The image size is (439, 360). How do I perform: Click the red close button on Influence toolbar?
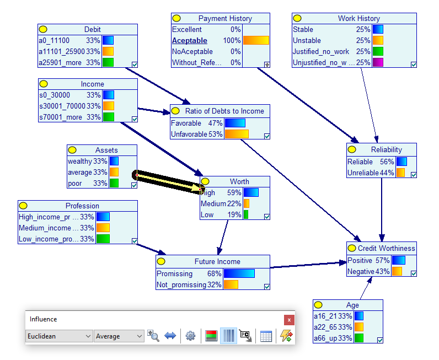point(289,320)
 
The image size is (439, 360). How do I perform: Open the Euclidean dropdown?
point(59,336)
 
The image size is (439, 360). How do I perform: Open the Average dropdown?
point(119,336)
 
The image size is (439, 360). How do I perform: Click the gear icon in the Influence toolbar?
point(190,336)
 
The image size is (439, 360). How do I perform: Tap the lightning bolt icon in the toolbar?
point(286,336)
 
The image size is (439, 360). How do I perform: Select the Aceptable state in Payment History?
point(190,41)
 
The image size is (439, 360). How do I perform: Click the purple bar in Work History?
point(378,62)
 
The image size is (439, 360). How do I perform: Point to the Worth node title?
point(239,181)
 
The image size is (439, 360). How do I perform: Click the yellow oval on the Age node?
point(318,304)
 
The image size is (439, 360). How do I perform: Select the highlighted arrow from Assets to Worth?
point(169,182)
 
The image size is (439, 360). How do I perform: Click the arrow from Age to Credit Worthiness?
point(366,288)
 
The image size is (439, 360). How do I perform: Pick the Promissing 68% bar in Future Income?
point(239,273)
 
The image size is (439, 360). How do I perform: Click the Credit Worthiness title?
point(386,248)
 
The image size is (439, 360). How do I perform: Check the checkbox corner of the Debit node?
point(135,65)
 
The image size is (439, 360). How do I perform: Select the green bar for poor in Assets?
point(114,183)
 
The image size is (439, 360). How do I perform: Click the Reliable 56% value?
point(387,162)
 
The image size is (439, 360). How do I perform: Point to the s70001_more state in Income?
point(61,117)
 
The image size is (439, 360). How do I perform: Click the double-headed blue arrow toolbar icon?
point(170,336)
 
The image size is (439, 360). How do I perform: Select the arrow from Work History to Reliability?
point(370,105)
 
